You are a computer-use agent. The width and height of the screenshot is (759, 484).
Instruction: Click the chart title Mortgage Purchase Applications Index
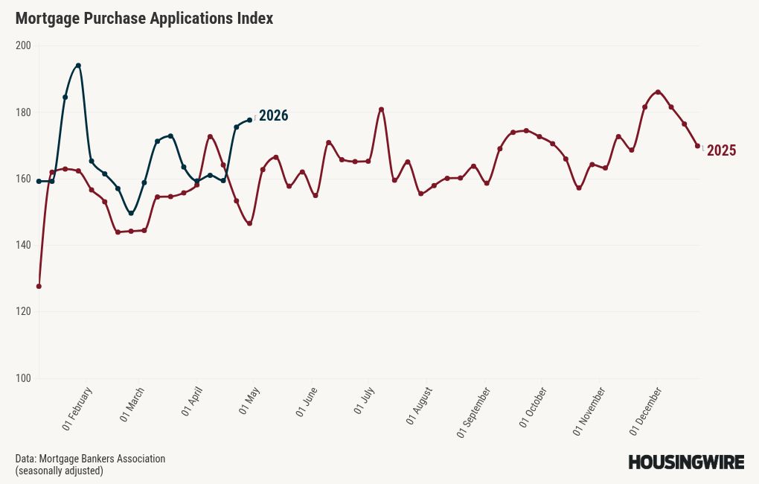pos(144,19)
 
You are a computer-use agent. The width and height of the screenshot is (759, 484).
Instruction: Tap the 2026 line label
pos(273,116)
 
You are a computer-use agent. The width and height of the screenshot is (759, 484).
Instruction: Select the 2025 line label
pos(721,151)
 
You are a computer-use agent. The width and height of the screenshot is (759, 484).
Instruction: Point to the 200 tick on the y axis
pos(23,45)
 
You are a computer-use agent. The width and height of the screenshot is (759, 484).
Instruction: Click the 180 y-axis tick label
pos(23,112)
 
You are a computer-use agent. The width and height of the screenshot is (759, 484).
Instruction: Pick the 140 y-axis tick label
pos(23,245)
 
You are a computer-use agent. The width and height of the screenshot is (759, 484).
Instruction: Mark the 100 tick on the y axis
pos(23,378)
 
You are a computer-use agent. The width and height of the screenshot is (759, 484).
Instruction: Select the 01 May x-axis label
pos(249,403)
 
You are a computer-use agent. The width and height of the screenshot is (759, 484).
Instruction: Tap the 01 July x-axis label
pos(364,403)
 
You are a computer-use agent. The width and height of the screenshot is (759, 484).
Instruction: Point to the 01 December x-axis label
pos(646,410)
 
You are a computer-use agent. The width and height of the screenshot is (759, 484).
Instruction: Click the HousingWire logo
pos(686,462)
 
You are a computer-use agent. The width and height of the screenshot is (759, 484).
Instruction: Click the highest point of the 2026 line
pos(78,66)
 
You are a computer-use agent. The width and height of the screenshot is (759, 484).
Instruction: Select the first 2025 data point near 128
pos(39,286)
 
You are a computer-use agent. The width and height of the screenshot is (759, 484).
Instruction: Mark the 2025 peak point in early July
pos(381,109)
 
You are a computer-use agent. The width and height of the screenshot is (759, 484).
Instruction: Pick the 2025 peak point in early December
pos(658,92)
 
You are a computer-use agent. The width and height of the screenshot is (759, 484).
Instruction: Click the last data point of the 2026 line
pos(249,120)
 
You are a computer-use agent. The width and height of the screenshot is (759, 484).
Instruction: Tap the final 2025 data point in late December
pos(697,146)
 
